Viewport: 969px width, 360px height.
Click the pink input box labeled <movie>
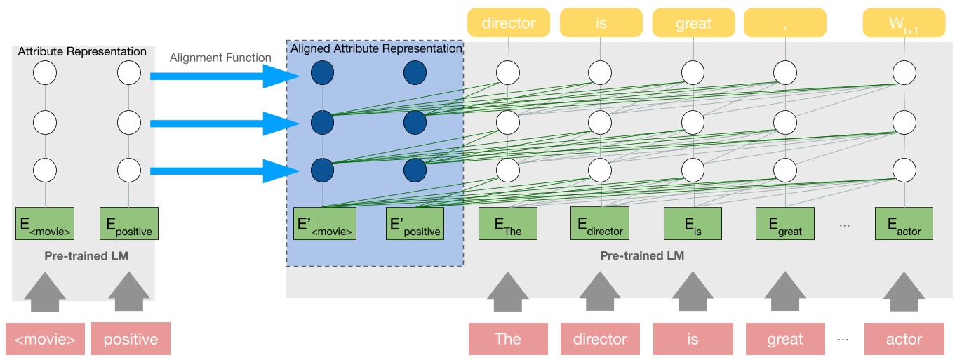coord(45,339)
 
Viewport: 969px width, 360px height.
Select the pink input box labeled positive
coord(131,339)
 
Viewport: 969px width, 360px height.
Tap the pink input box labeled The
coord(507,339)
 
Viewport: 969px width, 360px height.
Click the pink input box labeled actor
coord(904,339)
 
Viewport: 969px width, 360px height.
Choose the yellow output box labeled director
coord(509,23)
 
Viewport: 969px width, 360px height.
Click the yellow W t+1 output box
coord(904,23)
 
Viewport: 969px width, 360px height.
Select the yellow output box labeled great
coord(693,23)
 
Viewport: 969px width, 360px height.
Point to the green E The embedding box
coord(507,224)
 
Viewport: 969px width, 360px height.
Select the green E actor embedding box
coord(904,224)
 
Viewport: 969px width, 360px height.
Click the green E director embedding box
coord(600,224)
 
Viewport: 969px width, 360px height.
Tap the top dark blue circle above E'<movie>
coord(322,73)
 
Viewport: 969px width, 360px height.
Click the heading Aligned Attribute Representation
coord(376,48)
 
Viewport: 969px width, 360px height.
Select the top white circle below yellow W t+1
coord(904,73)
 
